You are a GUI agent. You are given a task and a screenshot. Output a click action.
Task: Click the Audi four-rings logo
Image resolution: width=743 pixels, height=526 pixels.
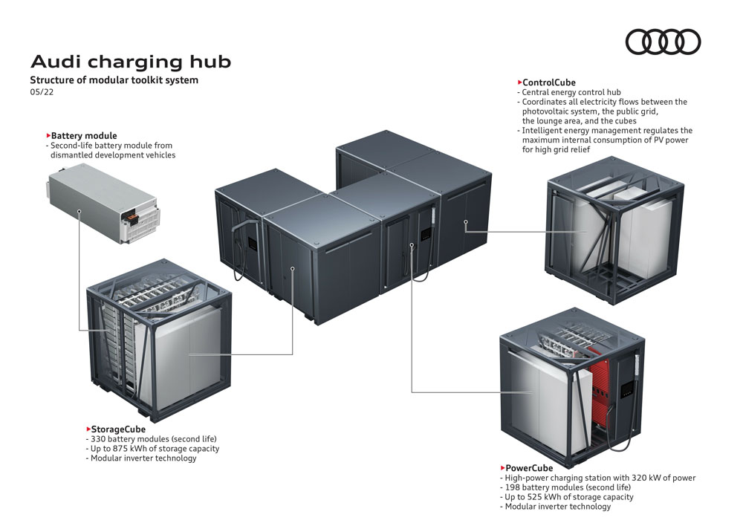[663, 42]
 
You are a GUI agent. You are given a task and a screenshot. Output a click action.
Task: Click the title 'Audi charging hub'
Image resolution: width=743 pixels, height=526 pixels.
[130, 62]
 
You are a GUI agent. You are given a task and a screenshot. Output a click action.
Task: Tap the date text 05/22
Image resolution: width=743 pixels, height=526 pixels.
[42, 92]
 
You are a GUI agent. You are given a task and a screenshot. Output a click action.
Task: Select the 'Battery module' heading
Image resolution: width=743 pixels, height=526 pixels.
[84, 136]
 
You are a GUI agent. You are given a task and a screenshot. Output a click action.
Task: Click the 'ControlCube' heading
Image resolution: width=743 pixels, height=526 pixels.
[549, 82]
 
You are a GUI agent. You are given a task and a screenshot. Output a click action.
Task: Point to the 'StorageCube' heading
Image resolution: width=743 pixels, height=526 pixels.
[118, 429]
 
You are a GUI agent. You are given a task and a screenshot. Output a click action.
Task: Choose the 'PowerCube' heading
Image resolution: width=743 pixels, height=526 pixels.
[529, 468]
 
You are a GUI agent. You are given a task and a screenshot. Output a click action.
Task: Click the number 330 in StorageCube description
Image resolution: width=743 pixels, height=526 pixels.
[98, 439]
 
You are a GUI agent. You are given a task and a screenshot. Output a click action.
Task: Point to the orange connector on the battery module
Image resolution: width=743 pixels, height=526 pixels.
[131, 217]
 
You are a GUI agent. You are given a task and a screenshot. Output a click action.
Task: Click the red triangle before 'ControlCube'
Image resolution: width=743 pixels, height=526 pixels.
[519, 82]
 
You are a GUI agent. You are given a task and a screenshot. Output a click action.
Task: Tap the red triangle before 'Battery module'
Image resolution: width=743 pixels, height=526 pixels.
[48, 136]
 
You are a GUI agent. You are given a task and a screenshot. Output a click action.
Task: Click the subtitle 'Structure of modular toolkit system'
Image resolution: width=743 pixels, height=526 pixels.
[114, 79]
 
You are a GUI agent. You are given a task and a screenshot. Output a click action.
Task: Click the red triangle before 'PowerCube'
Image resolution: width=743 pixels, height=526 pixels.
[502, 468]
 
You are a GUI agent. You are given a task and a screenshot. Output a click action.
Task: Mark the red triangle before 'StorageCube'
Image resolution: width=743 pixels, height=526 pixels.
[88, 429]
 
